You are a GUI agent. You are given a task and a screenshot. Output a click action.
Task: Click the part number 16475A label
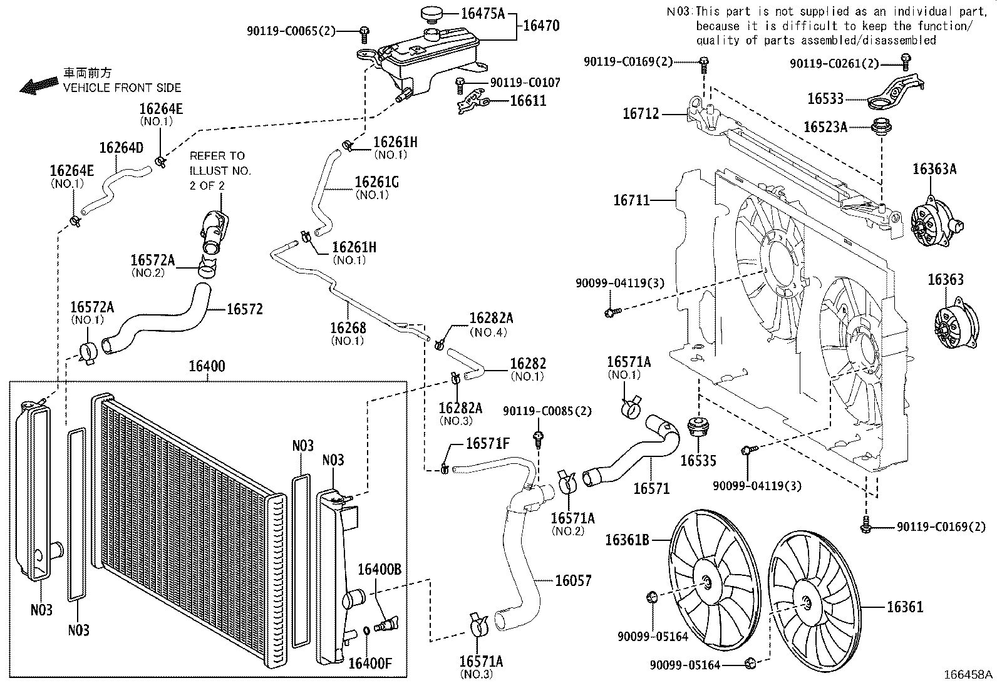click(x=482, y=13)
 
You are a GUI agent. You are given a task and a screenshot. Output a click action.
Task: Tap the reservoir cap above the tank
click(x=431, y=14)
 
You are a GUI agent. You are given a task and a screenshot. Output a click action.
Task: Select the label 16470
click(x=540, y=26)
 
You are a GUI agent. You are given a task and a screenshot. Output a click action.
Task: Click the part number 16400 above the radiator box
click(x=207, y=366)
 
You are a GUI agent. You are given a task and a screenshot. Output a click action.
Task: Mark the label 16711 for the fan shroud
click(x=631, y=200)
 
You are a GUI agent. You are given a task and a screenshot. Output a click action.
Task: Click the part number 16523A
click(x=825, y=127)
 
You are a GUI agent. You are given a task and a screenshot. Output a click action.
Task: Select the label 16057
click(x=572, y=581)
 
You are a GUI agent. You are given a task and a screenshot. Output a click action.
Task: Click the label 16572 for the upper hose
click(x=244, y=309)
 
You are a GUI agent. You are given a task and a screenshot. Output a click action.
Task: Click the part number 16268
click(x=348, y=328)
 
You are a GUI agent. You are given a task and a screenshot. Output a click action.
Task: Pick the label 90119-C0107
click(x=525, y=83)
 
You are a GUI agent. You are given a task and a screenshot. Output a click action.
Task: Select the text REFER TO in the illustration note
click(x=217, y=156)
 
